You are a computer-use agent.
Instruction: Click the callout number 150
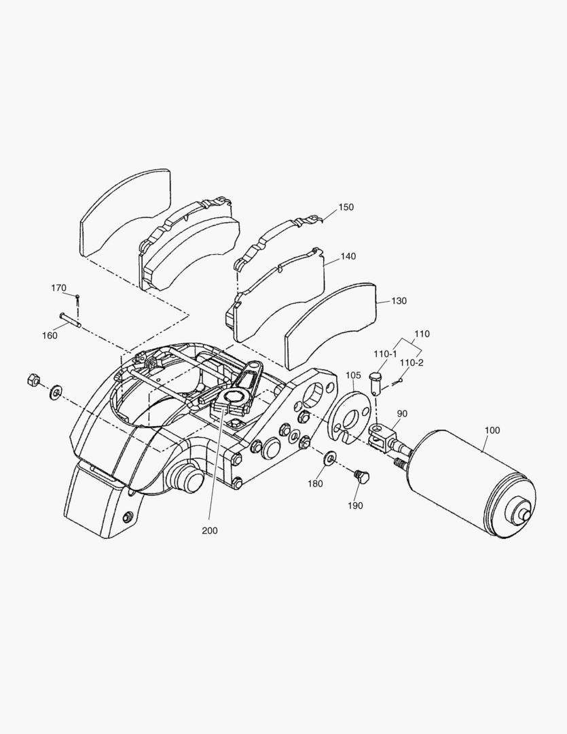[346, 207]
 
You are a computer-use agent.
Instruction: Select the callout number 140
[348, 257]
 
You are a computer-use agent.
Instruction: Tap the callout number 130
[399, 301]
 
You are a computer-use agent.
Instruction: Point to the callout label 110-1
[385, 354]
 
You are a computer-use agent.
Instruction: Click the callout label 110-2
[411, 363]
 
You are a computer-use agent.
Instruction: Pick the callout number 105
[354, 375]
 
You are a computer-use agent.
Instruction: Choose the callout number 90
[402, 413]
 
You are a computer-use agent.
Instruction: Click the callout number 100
[492, 430]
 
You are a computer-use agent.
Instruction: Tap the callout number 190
[355, 505]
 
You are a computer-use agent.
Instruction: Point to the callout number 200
[210, 531]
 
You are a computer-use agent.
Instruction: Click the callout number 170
[59, 288]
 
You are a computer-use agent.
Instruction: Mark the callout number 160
[50, 334]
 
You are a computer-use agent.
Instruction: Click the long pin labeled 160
[70, 319]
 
